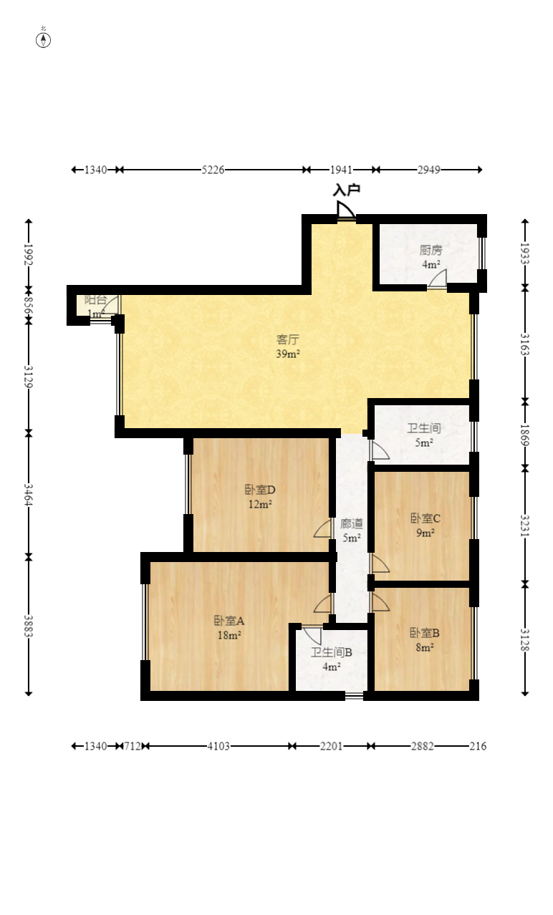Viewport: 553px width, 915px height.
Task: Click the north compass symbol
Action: click(x=43, y=40)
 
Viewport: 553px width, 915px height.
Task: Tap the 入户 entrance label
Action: click(x=347, y=190)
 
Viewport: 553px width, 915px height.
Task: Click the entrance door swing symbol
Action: click(x=346, y=210)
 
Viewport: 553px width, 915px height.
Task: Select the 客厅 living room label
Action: click(x=288, y=339)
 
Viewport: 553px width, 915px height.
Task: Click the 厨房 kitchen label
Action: click(x=431, y=250)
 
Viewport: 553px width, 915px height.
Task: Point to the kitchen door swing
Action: click(x=438, y=279)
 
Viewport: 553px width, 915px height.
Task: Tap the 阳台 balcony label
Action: click(x=96, y=299)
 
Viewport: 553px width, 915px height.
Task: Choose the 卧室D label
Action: click(x=260, y=490)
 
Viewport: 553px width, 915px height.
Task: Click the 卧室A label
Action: click(x=229, y=621)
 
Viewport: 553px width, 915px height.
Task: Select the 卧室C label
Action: click(x=425, y=518)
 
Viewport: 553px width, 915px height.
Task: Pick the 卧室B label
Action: click(x=425, y=633)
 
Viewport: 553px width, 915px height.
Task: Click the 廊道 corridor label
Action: click(x=352, y=523)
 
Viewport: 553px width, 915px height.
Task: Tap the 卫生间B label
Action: click(x=332, y=652)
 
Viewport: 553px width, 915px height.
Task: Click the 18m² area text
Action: click(x=229, y=635)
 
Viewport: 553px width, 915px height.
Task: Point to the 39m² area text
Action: click(x=288, y=354)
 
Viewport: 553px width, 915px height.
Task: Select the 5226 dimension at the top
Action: click(x=213, y=170)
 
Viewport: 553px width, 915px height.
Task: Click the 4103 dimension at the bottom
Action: click(x=218, y=746)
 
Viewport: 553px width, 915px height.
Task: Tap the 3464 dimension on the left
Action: click(x=28, y=495)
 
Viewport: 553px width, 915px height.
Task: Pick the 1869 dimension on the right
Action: click(x=525, y=435)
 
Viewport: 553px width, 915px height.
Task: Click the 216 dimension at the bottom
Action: click(x=478, y=746)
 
